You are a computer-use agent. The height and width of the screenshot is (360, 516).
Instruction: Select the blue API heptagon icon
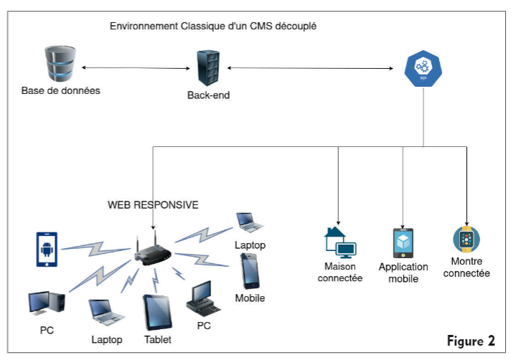(423, 68)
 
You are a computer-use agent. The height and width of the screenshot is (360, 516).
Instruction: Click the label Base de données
(60, 91)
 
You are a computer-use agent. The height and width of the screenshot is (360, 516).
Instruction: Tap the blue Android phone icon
(47, 248)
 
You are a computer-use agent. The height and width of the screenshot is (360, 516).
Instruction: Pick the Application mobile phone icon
(403, 242)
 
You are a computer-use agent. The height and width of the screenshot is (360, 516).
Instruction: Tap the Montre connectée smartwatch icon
(466, 239)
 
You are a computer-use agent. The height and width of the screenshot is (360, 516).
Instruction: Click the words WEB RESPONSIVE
(153, 204)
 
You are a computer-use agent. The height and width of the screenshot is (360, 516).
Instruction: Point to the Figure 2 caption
(471, 340)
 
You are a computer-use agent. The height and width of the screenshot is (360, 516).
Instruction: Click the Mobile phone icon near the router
(250, 271)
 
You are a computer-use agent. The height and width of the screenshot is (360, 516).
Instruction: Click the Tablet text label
(157, 339)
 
